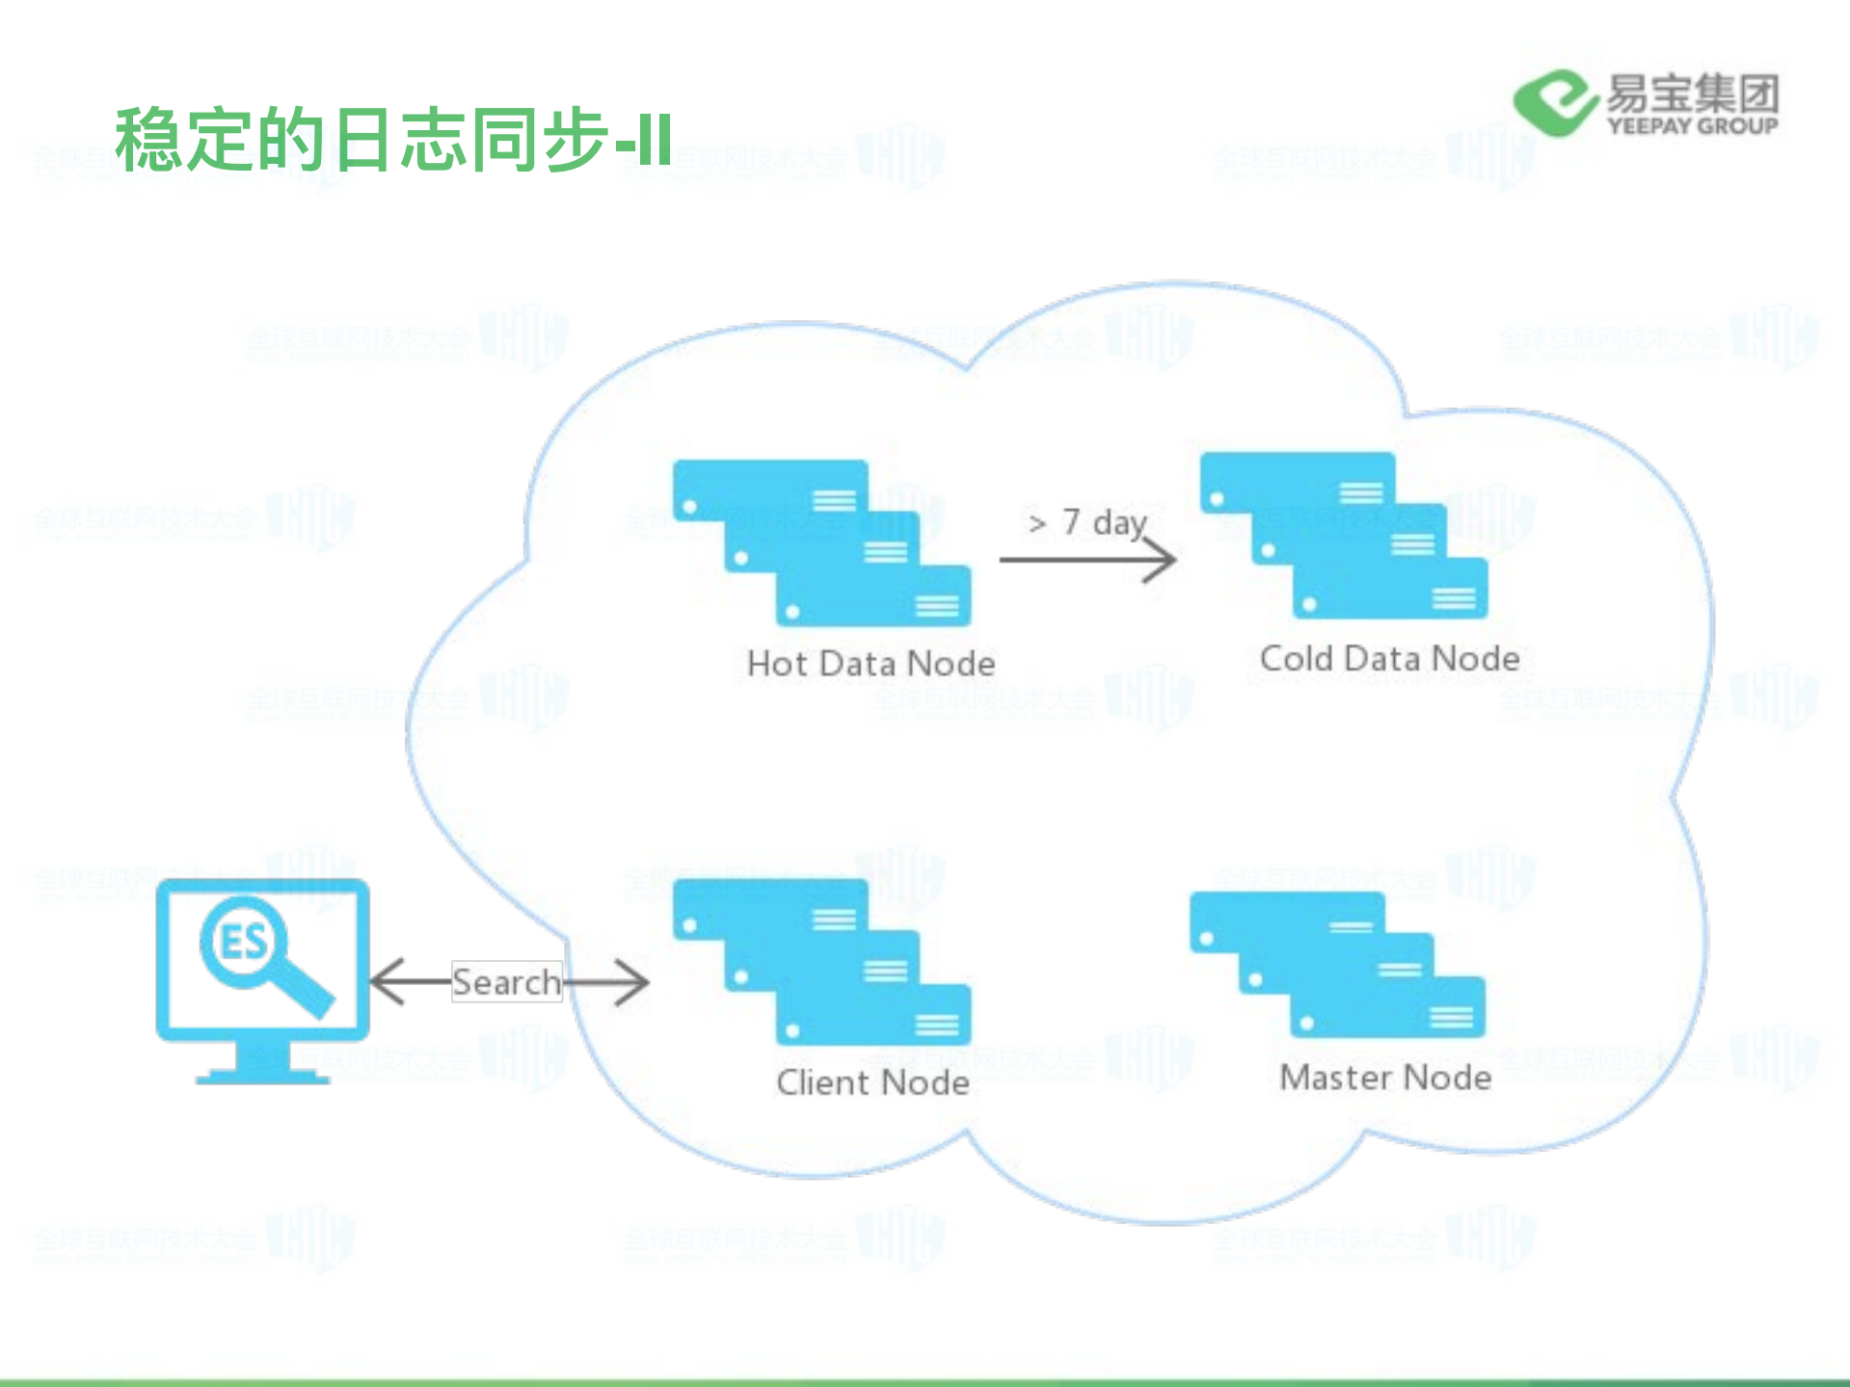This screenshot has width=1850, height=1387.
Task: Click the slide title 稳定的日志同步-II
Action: coord(393,140)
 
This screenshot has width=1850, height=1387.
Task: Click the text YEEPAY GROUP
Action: coord(1692,126)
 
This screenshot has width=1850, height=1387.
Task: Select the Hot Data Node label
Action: coord(871,663)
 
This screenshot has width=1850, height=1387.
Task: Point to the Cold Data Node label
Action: coord(1389,658)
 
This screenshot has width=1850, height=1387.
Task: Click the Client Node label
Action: coord(872,1082)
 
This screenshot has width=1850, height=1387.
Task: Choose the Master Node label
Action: coord(1385,1077)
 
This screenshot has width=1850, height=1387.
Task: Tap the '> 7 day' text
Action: coord(1087,521)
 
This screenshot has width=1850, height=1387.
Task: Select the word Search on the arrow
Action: coord(506,982)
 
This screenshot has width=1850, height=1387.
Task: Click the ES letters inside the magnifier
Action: coord(243,942)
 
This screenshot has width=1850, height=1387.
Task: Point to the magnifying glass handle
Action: coord(306,990)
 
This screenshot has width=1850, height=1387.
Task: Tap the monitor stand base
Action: coord(262,1076)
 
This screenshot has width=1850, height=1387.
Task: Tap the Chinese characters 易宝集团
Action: coord(1692,93)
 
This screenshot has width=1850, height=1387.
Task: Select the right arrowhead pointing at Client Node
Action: coord(634,982)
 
